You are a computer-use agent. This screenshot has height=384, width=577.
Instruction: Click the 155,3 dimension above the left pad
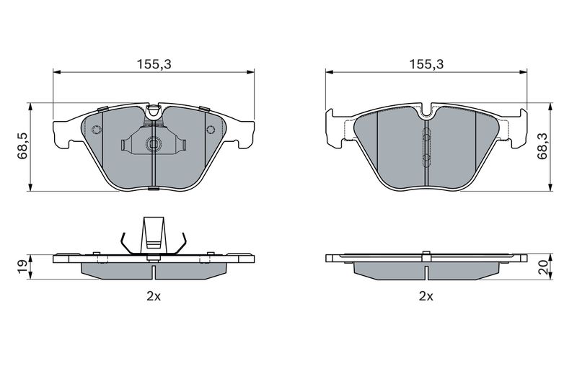(154, 65)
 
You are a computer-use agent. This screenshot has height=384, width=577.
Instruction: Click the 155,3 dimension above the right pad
(427, 65)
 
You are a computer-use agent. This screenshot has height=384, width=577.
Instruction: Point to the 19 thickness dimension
(22, 266)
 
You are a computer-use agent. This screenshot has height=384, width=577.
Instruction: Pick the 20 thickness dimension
(543, 267)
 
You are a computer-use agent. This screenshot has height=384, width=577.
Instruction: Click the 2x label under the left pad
(154, 296)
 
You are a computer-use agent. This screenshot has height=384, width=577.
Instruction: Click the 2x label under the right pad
(426, 296)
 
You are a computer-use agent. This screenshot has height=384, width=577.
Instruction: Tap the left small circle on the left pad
(96, 130)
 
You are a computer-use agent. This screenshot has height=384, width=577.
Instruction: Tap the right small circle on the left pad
(211, 130)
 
